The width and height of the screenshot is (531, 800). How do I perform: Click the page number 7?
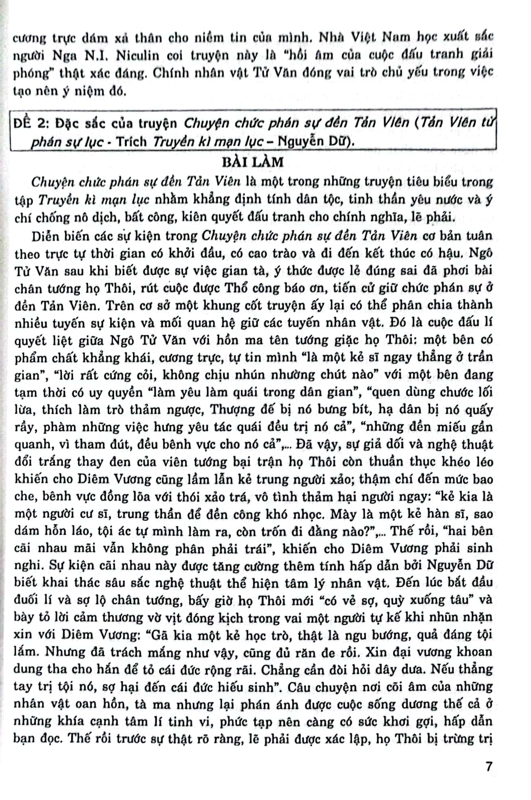[x=489, y=766]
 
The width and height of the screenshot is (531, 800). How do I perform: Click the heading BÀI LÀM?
[x=252, y=162]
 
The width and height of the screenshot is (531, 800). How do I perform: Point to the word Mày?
[x=342, y=514]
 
